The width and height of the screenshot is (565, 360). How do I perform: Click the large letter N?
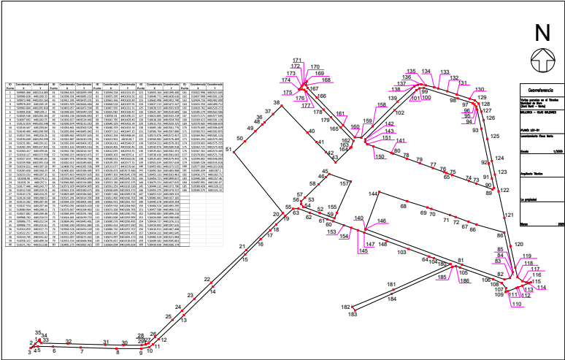point(542,34)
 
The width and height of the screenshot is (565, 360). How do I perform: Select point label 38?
point(277,103)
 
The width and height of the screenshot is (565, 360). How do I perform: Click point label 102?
point(399,113)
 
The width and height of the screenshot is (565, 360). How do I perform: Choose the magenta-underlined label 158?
point(381,105)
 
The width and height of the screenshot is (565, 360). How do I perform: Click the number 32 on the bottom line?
point(69,341)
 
